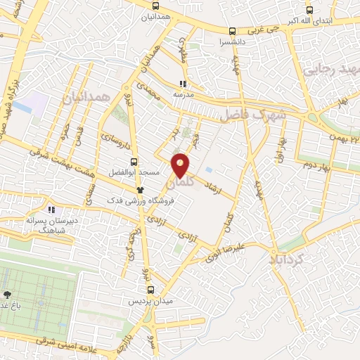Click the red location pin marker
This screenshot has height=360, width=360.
point(181,165)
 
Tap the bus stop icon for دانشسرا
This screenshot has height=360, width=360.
point(232,30)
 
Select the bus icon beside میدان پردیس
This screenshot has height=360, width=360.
point(150,290)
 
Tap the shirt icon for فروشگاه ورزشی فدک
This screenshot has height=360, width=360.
point(141,189)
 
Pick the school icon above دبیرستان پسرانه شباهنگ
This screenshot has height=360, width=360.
point(51,209)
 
